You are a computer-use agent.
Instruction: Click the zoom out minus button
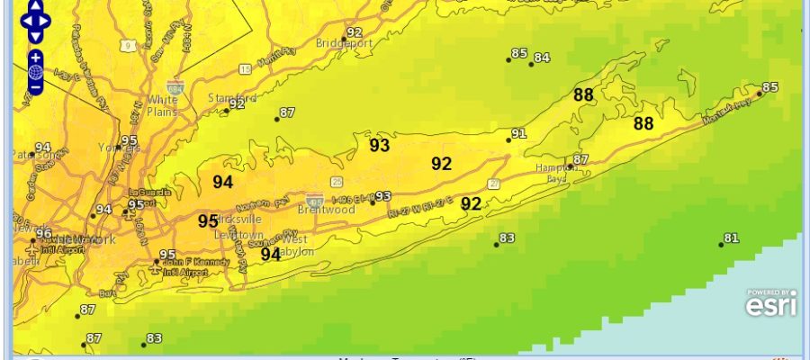pos(35,87)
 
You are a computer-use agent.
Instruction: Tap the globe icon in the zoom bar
pos(35,72)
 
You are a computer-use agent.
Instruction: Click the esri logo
pos(771,304)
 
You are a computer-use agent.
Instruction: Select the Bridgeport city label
pos(343,42)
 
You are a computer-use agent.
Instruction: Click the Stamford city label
pos(231,97)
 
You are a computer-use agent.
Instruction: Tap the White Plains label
pos(163,104)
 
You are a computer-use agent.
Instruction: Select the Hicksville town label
pos(239,219)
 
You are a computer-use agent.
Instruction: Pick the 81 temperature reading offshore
pos(732,238)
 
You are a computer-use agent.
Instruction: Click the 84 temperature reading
pos(541,58)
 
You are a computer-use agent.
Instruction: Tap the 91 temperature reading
pos(517,134)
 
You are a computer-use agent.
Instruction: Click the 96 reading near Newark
pos(43,233)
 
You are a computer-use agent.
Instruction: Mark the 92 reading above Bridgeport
pos(354,33)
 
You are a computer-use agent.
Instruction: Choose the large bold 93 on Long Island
pos(379,145)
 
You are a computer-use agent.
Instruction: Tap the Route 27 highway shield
pos(495,184)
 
